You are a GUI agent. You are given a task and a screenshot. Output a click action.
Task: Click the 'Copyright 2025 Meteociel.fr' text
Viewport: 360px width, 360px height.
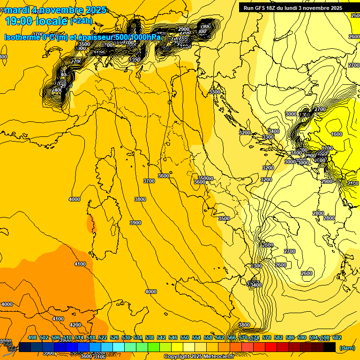click(x=199, y=357)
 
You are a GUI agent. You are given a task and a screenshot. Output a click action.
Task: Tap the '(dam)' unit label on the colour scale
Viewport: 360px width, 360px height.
click(x=347, y=347)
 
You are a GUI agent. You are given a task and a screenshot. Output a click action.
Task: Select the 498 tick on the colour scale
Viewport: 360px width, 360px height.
click(x=32, y=337)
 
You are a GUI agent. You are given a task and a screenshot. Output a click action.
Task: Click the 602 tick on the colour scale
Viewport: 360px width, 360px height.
click(x=337, y=337)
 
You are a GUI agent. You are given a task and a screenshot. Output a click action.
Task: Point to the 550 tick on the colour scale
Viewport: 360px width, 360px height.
click(x=185, y=337)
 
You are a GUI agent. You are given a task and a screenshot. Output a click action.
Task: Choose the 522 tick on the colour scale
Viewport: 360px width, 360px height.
click(x=103, y=337)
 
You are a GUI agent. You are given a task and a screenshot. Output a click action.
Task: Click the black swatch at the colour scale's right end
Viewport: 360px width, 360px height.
click(x=330, y=347)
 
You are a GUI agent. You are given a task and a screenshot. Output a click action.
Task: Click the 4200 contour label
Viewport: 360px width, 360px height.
click(x=75, y=325)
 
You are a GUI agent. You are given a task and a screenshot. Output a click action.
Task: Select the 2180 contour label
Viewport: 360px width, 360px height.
click(x=352, y=183)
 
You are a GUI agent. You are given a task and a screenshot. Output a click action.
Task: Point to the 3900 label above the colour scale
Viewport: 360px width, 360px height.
click(x=48, y=353)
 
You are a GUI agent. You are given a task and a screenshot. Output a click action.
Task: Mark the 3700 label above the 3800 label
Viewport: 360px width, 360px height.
click(x=149, y=181)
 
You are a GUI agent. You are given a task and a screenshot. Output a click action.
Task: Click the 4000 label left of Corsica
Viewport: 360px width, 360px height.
click(x=75, y=199)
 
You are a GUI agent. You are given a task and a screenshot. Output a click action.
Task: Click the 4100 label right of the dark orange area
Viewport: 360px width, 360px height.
click(x=80, y=264)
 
